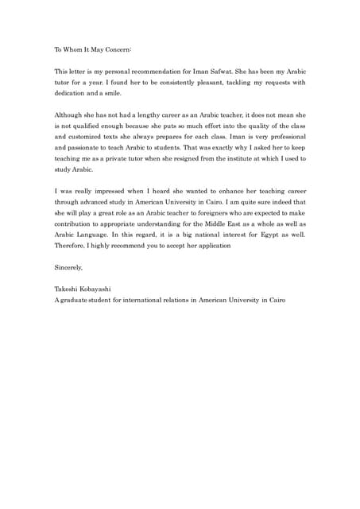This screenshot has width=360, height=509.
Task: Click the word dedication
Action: coord(72,93)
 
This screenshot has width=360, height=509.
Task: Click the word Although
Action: coord(69,115)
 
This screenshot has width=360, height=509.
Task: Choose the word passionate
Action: coord(87,148)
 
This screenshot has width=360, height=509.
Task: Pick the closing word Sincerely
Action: coord(68,268)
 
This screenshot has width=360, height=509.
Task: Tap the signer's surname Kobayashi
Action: coord(102,290)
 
